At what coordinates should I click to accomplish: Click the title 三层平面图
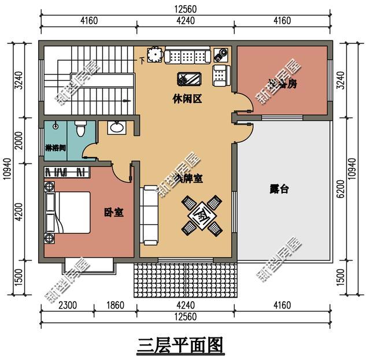point(180,345)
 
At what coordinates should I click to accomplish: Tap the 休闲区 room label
point(186,99)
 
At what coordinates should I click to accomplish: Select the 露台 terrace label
point(280,188)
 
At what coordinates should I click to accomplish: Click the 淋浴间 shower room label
point(55,148)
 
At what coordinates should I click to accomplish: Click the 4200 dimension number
point(19,211)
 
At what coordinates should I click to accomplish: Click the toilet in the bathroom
point(82,128)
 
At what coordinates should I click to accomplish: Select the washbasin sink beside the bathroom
point(118,127)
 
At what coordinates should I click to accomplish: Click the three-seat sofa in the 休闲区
point(186,57)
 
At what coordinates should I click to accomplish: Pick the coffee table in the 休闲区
point(189,79)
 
